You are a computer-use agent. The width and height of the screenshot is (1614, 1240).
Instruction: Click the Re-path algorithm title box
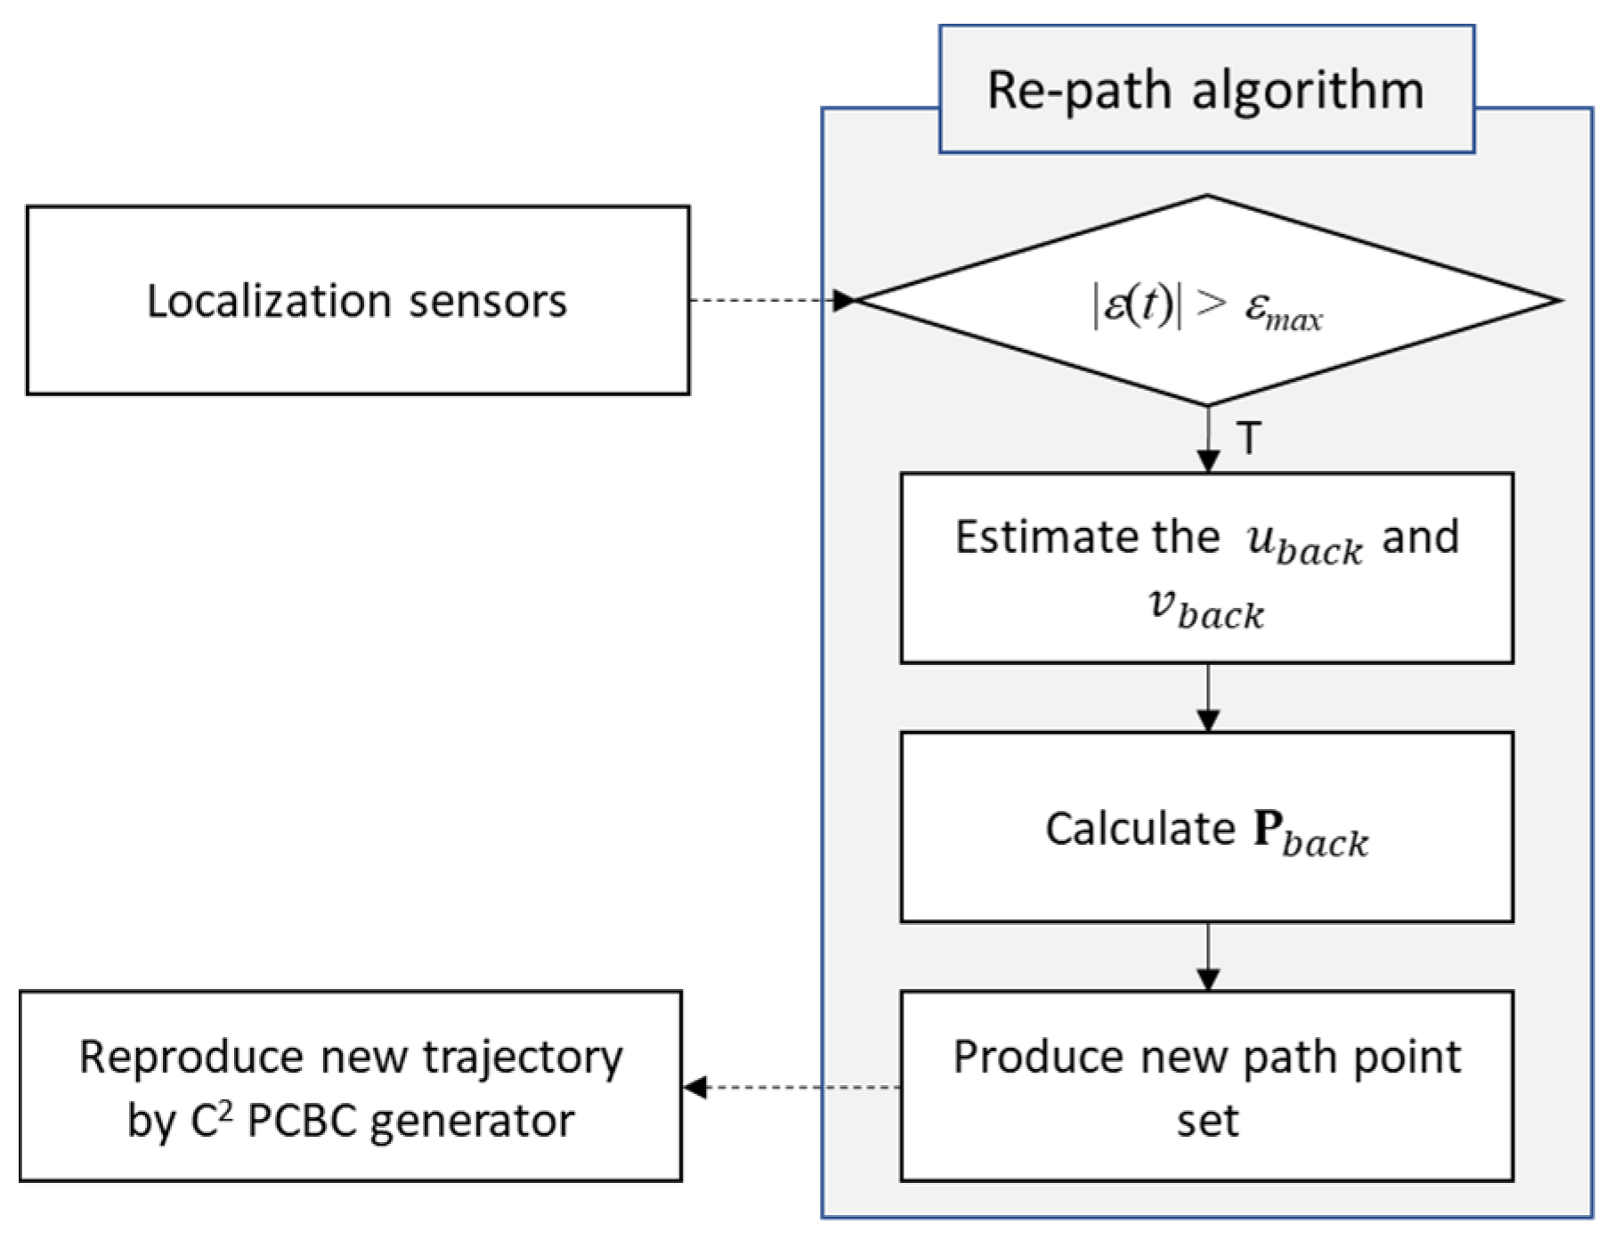1206,89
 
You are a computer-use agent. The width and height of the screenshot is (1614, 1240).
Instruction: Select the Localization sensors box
357,300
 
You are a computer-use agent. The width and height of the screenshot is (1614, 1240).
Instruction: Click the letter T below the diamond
1248,439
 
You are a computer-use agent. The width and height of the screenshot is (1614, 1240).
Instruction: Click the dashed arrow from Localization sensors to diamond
766,300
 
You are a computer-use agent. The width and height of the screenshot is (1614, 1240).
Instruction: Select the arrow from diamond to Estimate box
1207,441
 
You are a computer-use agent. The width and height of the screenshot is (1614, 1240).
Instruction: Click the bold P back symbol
1310,832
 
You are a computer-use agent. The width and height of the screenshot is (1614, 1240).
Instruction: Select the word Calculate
1140,829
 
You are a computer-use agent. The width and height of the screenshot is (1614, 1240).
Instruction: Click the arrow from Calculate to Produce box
1207,957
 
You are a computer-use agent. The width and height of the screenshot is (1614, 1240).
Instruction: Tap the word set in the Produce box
1207,1121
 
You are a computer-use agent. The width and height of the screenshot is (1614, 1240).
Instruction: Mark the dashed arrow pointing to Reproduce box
792,1087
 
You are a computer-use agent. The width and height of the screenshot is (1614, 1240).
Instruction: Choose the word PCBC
302,1121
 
